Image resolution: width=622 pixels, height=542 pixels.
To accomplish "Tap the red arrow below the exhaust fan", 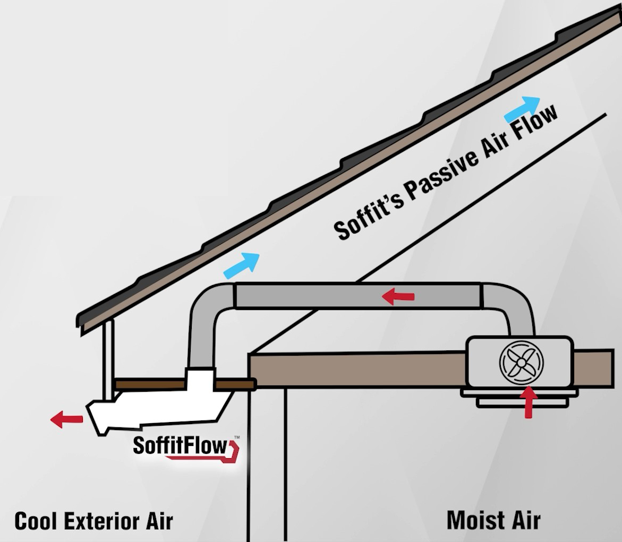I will [x=529, y=403].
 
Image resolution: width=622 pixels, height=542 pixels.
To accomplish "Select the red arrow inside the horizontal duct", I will [x=398, y=297].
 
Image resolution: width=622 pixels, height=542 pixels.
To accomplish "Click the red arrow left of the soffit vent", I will [x=66, y=419].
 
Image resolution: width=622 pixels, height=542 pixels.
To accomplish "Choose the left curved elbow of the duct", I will [x=205, y=305].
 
